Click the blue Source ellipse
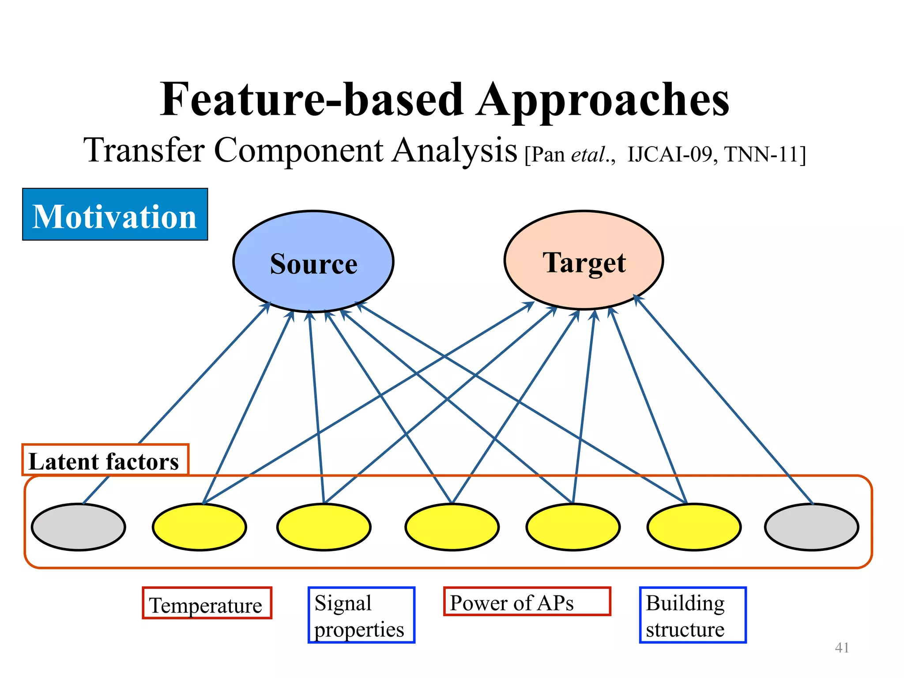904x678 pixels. pyautogui.click(x=313, y=262)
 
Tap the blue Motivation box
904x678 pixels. pyautogui.click(x=115, y=215)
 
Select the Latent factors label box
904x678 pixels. pyautogui.click(x=105, y=460)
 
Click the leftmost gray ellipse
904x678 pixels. pyautogui.click(x=79, y=527)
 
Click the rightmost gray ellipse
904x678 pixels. pyautogui.click(x=811, y=527)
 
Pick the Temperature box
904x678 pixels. pyautogui.click(x=207, y=603)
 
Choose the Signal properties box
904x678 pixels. pyautogui.click(x=361, y=615)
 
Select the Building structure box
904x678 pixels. pyautogui.click(x=692, y=615)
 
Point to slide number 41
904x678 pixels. pyautogui.click(x=842, y=648)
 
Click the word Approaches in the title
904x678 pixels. pyautogui.click(x=603, y=101)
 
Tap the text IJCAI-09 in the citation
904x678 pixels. pyautogui.click(x=669, y=155)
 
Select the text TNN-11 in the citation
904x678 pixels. pyautogui.click(x=762, y=155)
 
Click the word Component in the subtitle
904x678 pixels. pyautogui.click(x=299, y=151)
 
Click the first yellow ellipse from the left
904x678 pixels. pyautogui.click(x=200, y=527)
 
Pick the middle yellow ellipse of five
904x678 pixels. pyautogui.click(x=452, y=527)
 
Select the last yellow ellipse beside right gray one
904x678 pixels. pyautogui.click(x=694, y=527)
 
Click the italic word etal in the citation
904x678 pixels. pyautogui.click(x=588, y=155)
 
